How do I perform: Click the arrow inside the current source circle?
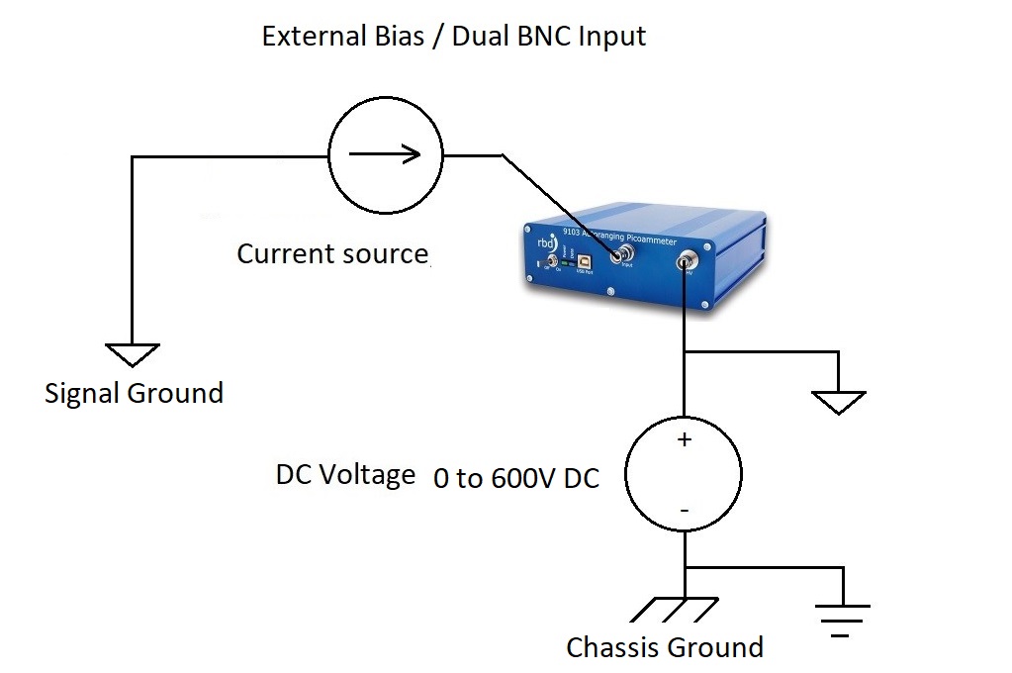tap(384, 154)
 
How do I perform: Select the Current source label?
tap(332, 253)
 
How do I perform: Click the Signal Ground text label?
tap(134, 393)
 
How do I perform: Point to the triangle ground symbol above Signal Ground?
tap(132, 353)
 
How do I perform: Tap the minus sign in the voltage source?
tap(683, 511)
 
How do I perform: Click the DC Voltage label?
tap(345, 475)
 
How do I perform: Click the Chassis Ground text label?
tap(664, 647)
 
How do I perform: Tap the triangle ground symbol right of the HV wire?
tap(838, 401)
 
